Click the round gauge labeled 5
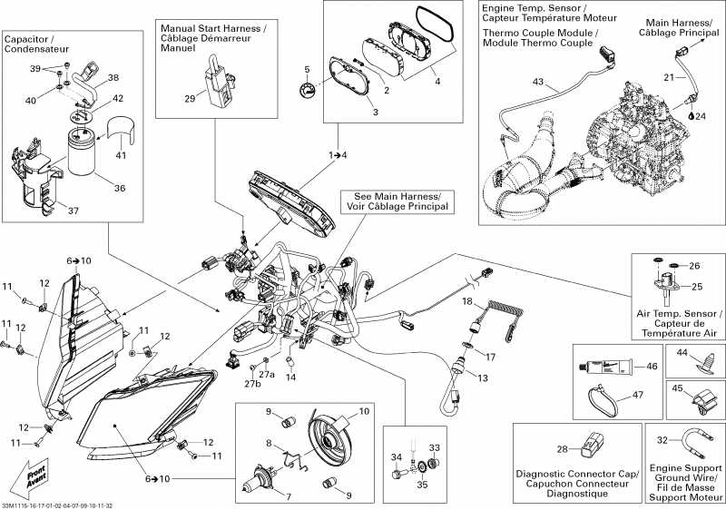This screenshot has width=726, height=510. pyautogui.click(x=311, y=91)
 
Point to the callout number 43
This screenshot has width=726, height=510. pyautogui.click(x=538, y=83)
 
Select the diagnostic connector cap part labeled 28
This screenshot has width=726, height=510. pyautogui.click(x=593, y=444)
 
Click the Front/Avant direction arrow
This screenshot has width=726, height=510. pyautogui.click(x=25, y=477)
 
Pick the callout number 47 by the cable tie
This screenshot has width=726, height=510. pyautogui.click(x=638, y=395)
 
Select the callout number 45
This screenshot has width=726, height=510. pyautogui.click(x=677, y=389)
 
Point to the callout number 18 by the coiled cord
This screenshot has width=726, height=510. pyautogui.click(x=467, y=300)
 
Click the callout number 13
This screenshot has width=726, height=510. pyautogui.click(x=483, y=377)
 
